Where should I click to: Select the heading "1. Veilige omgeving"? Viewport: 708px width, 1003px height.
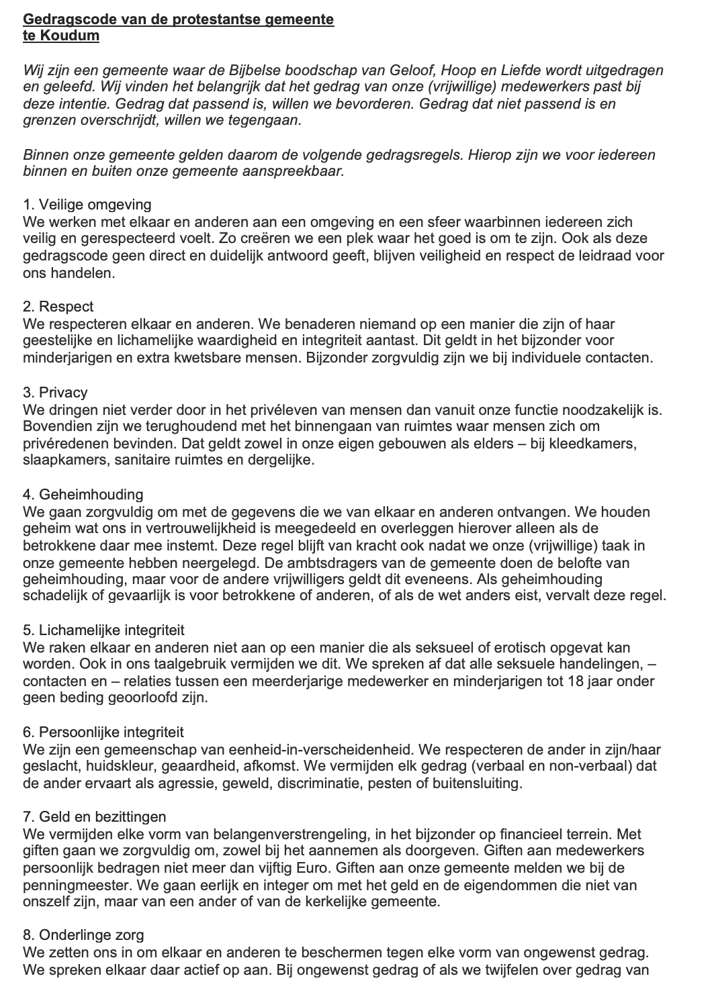point(87,204)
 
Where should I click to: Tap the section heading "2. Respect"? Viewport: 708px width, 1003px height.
point(58,306)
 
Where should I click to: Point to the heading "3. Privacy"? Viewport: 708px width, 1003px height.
point(55,391)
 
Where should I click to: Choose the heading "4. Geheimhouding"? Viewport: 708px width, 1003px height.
point(83,494)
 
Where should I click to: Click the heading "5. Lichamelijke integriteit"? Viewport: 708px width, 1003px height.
point(103,630)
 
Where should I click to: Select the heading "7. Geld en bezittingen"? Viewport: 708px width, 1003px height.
point(95,816)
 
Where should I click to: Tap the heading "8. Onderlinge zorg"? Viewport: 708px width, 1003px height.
point(83,935)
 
